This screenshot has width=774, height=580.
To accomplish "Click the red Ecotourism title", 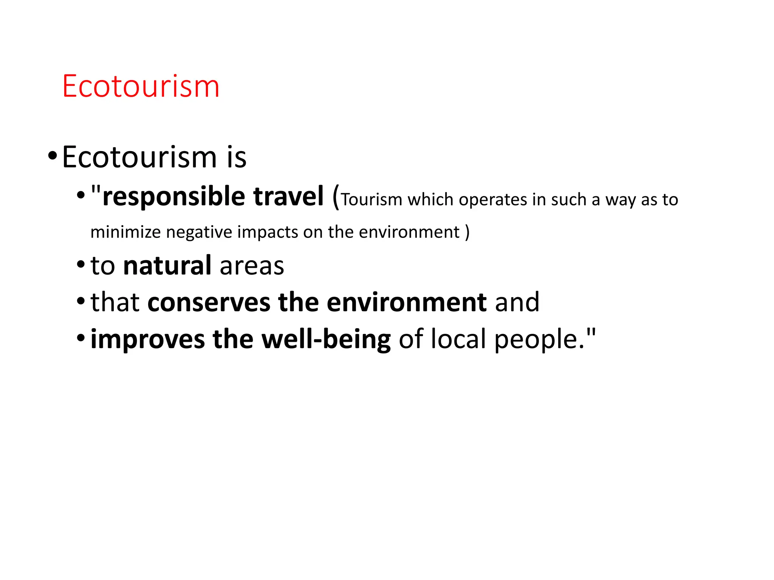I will [141, 86].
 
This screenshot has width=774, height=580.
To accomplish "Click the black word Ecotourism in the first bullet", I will [139, 157].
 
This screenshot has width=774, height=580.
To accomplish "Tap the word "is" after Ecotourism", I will [237, 157].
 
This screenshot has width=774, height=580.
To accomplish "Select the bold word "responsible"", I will [174, 197].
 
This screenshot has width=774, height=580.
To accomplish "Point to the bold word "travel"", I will [288, 197].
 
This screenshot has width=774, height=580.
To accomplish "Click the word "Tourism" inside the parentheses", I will [372, 199].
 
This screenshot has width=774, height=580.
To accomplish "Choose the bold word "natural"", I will [167, 265].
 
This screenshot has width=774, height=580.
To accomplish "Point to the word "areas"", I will [252, 266].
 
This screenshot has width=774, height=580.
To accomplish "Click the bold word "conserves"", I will [209, 302].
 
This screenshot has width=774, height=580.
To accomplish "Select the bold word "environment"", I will [407, 302].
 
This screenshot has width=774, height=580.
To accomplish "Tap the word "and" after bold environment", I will [517, 302].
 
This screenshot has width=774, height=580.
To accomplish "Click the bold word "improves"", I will [148, 339].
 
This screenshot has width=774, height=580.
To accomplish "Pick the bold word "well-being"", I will [326, 339].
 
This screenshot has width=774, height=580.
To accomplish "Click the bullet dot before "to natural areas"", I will [80, 265].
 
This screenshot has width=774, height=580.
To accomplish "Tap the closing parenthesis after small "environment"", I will [467, 232].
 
